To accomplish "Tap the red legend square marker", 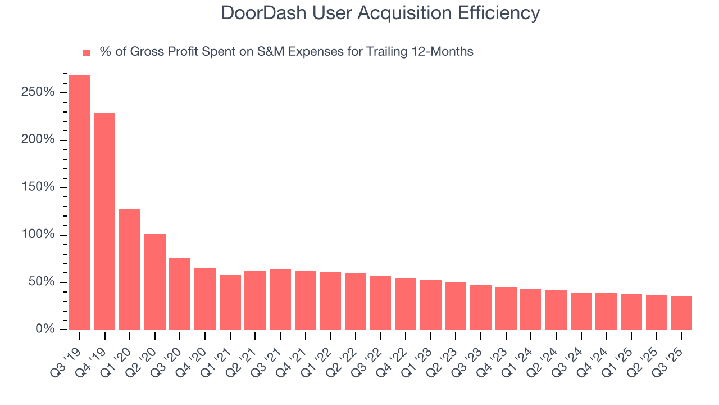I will [87, 53].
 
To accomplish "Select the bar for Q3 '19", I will [80, 202].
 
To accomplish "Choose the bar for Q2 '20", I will [155, 281].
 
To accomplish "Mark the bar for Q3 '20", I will [180, 293].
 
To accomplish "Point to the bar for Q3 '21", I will [280, 299].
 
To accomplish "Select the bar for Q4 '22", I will [406, 303].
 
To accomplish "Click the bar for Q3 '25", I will [681, 312].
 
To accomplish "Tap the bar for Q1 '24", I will [531, 309].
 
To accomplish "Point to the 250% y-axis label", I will [38, 92].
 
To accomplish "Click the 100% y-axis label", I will [38, 235].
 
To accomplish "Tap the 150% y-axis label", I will [38, 187].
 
